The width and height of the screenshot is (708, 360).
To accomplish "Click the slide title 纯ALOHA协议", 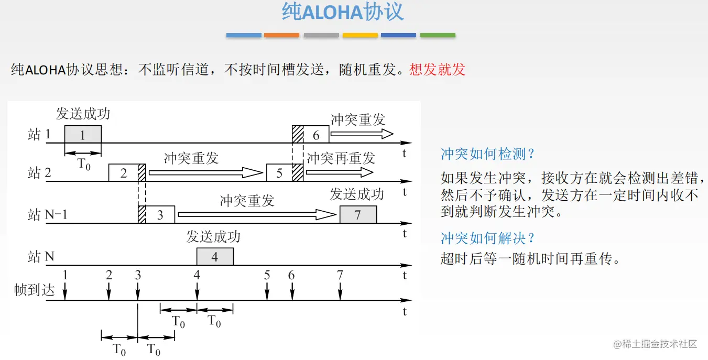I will (343, 12).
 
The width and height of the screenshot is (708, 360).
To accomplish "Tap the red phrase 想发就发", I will (438, 70).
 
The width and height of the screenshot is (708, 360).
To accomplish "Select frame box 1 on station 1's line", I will (83, 135).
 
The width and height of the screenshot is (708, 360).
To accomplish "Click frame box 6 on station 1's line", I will (316, 135).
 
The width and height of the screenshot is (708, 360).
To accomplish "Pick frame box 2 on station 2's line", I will (123, 172).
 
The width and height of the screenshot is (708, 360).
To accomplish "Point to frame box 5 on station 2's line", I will (279, 172).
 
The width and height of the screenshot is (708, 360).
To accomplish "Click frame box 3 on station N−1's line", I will (160, 215).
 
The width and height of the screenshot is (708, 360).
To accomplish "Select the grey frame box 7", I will (358, 215).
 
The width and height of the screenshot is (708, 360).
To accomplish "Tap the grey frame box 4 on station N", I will (215, 257).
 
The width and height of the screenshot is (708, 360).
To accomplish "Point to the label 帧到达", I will (35, 290).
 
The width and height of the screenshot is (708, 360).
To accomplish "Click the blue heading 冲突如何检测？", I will (488, 154).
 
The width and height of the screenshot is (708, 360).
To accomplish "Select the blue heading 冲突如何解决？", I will (488, 238).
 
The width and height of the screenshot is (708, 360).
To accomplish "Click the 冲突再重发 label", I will (341, 158).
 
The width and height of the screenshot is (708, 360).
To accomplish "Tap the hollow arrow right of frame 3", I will (257, 214).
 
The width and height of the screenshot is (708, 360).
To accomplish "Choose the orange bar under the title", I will (281, 35).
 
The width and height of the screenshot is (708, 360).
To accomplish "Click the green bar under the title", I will (438, 35).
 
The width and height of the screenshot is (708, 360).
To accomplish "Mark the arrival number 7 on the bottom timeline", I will (340, 275).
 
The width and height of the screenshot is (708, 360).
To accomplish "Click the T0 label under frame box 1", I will (84, 164).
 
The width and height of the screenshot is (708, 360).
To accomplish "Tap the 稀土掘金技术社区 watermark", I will (656, 344).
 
